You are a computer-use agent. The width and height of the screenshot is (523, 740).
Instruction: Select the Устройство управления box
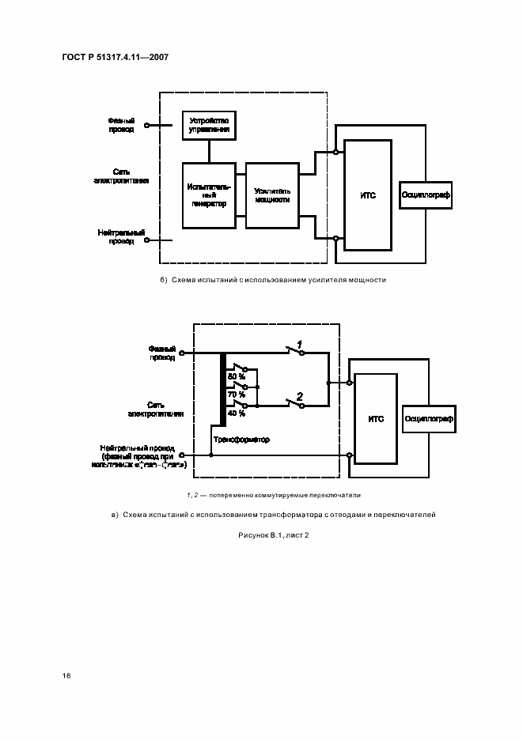(209, 125)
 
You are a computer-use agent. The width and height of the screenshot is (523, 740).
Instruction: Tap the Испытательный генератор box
(209, 196)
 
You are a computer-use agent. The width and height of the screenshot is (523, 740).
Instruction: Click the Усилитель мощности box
(272, 196)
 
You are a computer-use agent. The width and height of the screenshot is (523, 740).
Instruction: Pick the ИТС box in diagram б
(367, 194)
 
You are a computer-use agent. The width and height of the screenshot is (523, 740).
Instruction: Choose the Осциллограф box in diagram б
(426, 194)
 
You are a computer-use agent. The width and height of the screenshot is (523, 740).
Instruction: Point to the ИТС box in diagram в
(376, 418)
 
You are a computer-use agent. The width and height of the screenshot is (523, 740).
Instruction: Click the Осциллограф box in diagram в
(429, 418)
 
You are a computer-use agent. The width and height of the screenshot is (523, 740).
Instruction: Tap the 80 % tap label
(236, 376)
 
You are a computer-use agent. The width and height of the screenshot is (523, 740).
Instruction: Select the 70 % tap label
(236, 394)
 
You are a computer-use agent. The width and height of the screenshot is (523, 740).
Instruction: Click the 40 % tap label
(236, 413)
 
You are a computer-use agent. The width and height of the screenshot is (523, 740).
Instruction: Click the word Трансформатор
(241, 440)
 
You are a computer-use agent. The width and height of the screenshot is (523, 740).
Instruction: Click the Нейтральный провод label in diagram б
(121, 236)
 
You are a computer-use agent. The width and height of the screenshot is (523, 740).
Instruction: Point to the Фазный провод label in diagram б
(121, 125)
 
